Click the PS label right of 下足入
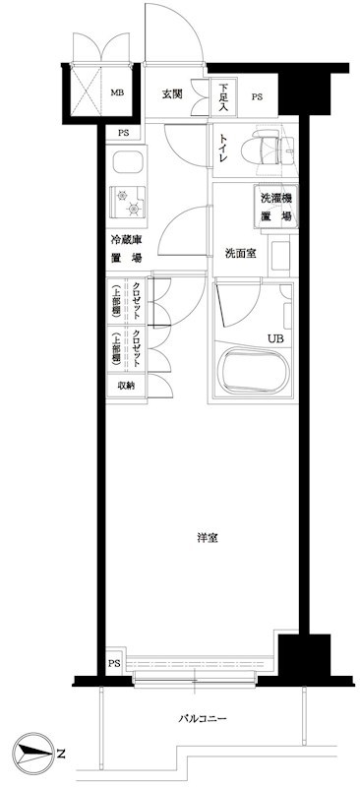click(x=258, y=96)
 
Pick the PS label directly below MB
click(x=124, y=133)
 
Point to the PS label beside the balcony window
click(x=115, y=663)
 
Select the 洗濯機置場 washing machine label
click(x=275, y=208)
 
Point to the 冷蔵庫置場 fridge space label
click(x=125, y=249)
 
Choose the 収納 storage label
click(x=126, y=385)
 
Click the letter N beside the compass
click(x=61, y=755)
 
